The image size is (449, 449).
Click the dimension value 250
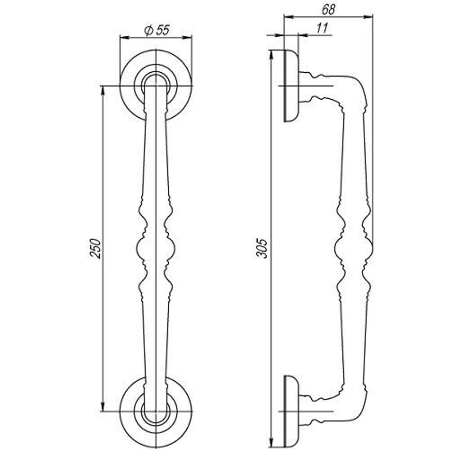tap(96, 248)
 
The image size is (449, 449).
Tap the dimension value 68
tap(329, 9)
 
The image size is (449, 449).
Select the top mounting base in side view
tap(291, 86)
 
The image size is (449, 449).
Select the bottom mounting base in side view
tap(291, 411)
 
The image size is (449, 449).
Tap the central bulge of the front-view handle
tap(156, 247)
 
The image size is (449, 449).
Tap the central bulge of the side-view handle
tap(354, 247)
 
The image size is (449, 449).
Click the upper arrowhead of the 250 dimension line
tap(103, 89)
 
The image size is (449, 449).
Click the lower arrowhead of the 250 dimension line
tap(103, 408)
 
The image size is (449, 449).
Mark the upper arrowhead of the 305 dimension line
tap(271, 53)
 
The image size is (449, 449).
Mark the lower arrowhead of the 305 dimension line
tap(271, 445)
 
